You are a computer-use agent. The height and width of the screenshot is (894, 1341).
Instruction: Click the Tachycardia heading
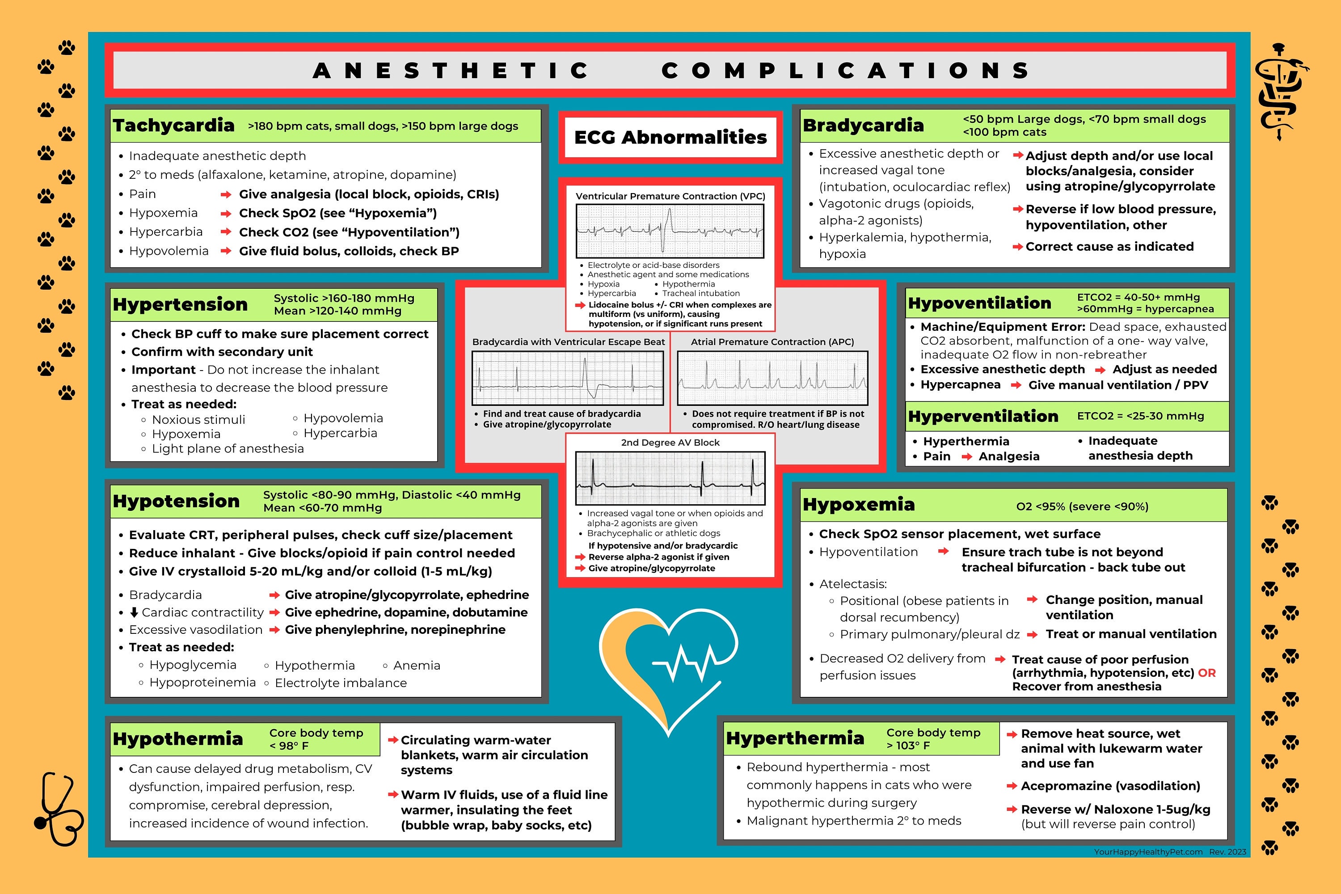(x=173, y=126)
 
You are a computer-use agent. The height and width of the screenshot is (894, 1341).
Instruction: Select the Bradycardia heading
(x=863, y=126)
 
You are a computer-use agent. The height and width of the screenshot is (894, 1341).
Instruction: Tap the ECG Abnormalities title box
(x=670, y=137)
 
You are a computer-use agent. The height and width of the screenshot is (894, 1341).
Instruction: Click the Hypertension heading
(x=180, y=304)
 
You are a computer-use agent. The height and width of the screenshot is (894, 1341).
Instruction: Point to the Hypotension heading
(x=176, y=501)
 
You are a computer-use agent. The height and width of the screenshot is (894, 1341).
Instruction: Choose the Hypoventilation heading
(x=979, y=304)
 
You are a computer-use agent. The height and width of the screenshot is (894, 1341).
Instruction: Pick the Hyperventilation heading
(x=983, y=416)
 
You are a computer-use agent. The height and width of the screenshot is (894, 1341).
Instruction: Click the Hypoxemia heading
(x=858, y=505)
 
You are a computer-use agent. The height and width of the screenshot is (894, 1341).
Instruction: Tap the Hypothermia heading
(x=178, y=739)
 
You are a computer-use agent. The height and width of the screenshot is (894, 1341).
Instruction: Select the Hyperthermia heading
(x=795, y=738)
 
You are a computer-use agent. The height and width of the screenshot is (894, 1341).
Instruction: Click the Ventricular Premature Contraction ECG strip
(x=670, y=231)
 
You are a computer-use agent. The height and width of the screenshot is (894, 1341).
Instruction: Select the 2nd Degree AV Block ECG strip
(x=670, y=478)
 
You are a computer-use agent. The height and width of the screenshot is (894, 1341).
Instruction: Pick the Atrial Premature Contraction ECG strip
(x=772, y=377)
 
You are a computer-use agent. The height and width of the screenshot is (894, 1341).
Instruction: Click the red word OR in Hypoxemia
(x=1206, y=673)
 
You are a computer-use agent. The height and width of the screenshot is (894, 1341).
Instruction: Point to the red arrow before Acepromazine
(x=1012, y=786)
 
